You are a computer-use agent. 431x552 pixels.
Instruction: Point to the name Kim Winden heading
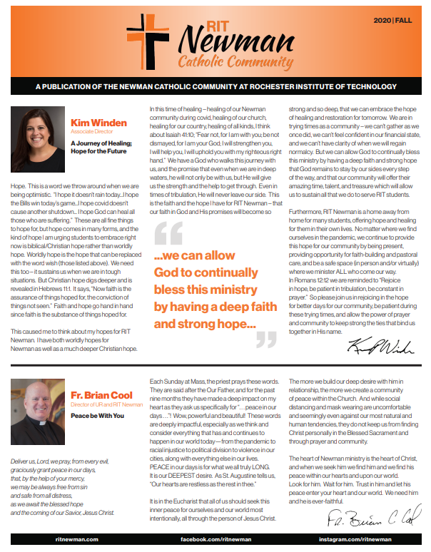coord(99,123)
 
